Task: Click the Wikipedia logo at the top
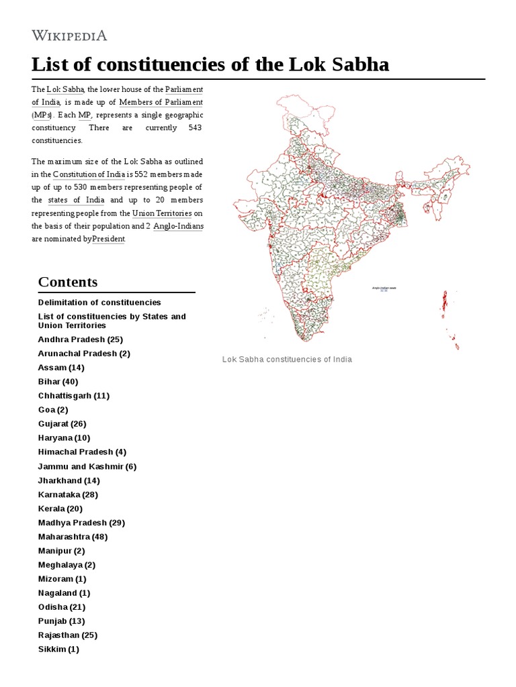pyautogui.click(x=69, y=36)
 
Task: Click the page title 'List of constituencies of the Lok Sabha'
pyautogui.click(x=210, y=64)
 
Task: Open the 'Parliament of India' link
pyautogui.click(x=117, y=95)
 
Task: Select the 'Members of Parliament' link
pyautogui.click(x=161, y=102)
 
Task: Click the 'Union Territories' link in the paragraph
pyautogui.click(x=162, y=213)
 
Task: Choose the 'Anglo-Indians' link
pyautogui.click(x=178, y=226)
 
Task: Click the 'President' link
pyautogui.click(x=108, y=239)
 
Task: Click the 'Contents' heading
pyautogui.click(x=68, y=282)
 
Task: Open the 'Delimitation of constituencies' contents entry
pyautogui.click(x=99, y=303)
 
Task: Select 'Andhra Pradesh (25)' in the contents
pyautogui.click(x=80, y=339)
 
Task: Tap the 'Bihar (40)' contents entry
pyautogui.click(x=60, y=382)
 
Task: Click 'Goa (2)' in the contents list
pyautogui.click(x=53, y=409)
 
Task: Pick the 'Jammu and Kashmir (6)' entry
pyautogui.click(x=87, y=466)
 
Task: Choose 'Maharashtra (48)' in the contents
pyautogui.click(x=73, y=537)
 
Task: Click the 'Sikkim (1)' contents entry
pyautogui.click(x=58, y=649)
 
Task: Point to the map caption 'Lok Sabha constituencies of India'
pyautogui.click(x=287, y=360)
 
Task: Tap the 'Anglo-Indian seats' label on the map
pyautogui.click(x=384, y=287)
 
